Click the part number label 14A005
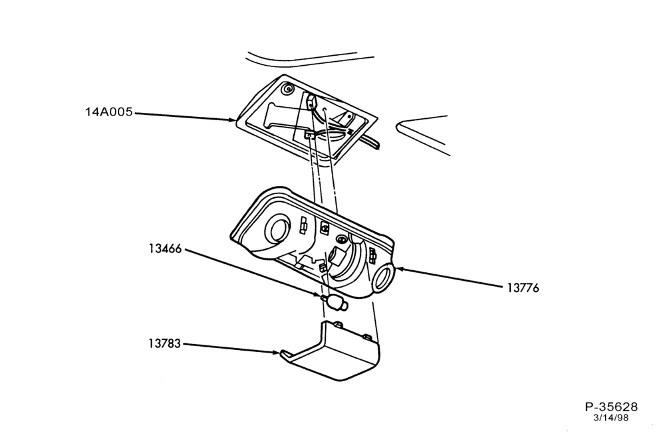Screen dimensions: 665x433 pyautogui.click(x=109, y=112)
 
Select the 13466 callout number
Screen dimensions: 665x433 pyautogui.click(x=165, y=248)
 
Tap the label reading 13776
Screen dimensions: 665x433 pyautogui.click(x=523, y=288)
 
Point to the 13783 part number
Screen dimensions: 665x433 pyautogui.click(x=164, y=343)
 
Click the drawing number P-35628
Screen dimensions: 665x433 pyautogui.click(x=611, y=407)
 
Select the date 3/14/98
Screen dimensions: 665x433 pyautogui.click(x=610, y=418)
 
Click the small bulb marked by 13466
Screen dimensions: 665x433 pyautogui.click(x=336, y=302)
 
